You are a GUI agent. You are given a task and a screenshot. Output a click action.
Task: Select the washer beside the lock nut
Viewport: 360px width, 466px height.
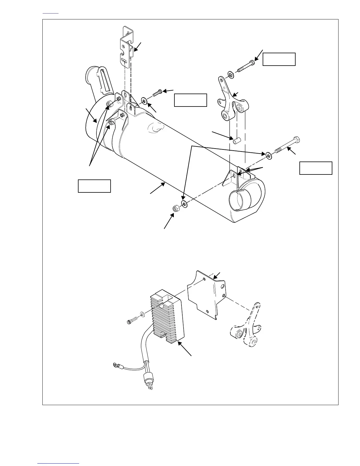click(185, 204)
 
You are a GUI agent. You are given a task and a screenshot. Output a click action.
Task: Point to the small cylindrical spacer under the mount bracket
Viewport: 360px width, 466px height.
click(235, 141)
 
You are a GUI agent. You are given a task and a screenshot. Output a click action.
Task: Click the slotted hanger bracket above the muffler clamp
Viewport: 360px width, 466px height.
click(127, 47)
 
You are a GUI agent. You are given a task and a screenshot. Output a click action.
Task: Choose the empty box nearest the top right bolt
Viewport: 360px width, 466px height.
click(279, 59)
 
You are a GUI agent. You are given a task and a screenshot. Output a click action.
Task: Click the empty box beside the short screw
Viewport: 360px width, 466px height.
click(191, 100)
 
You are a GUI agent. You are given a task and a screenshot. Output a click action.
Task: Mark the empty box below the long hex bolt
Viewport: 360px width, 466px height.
click(316, 168)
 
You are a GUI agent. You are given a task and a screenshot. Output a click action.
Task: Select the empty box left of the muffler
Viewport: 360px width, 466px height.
click(94, 186)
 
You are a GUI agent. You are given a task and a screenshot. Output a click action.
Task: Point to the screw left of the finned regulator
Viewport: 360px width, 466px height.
click(131, 320)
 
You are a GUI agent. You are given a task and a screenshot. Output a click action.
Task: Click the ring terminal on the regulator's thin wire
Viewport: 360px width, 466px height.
click(115, 365)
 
